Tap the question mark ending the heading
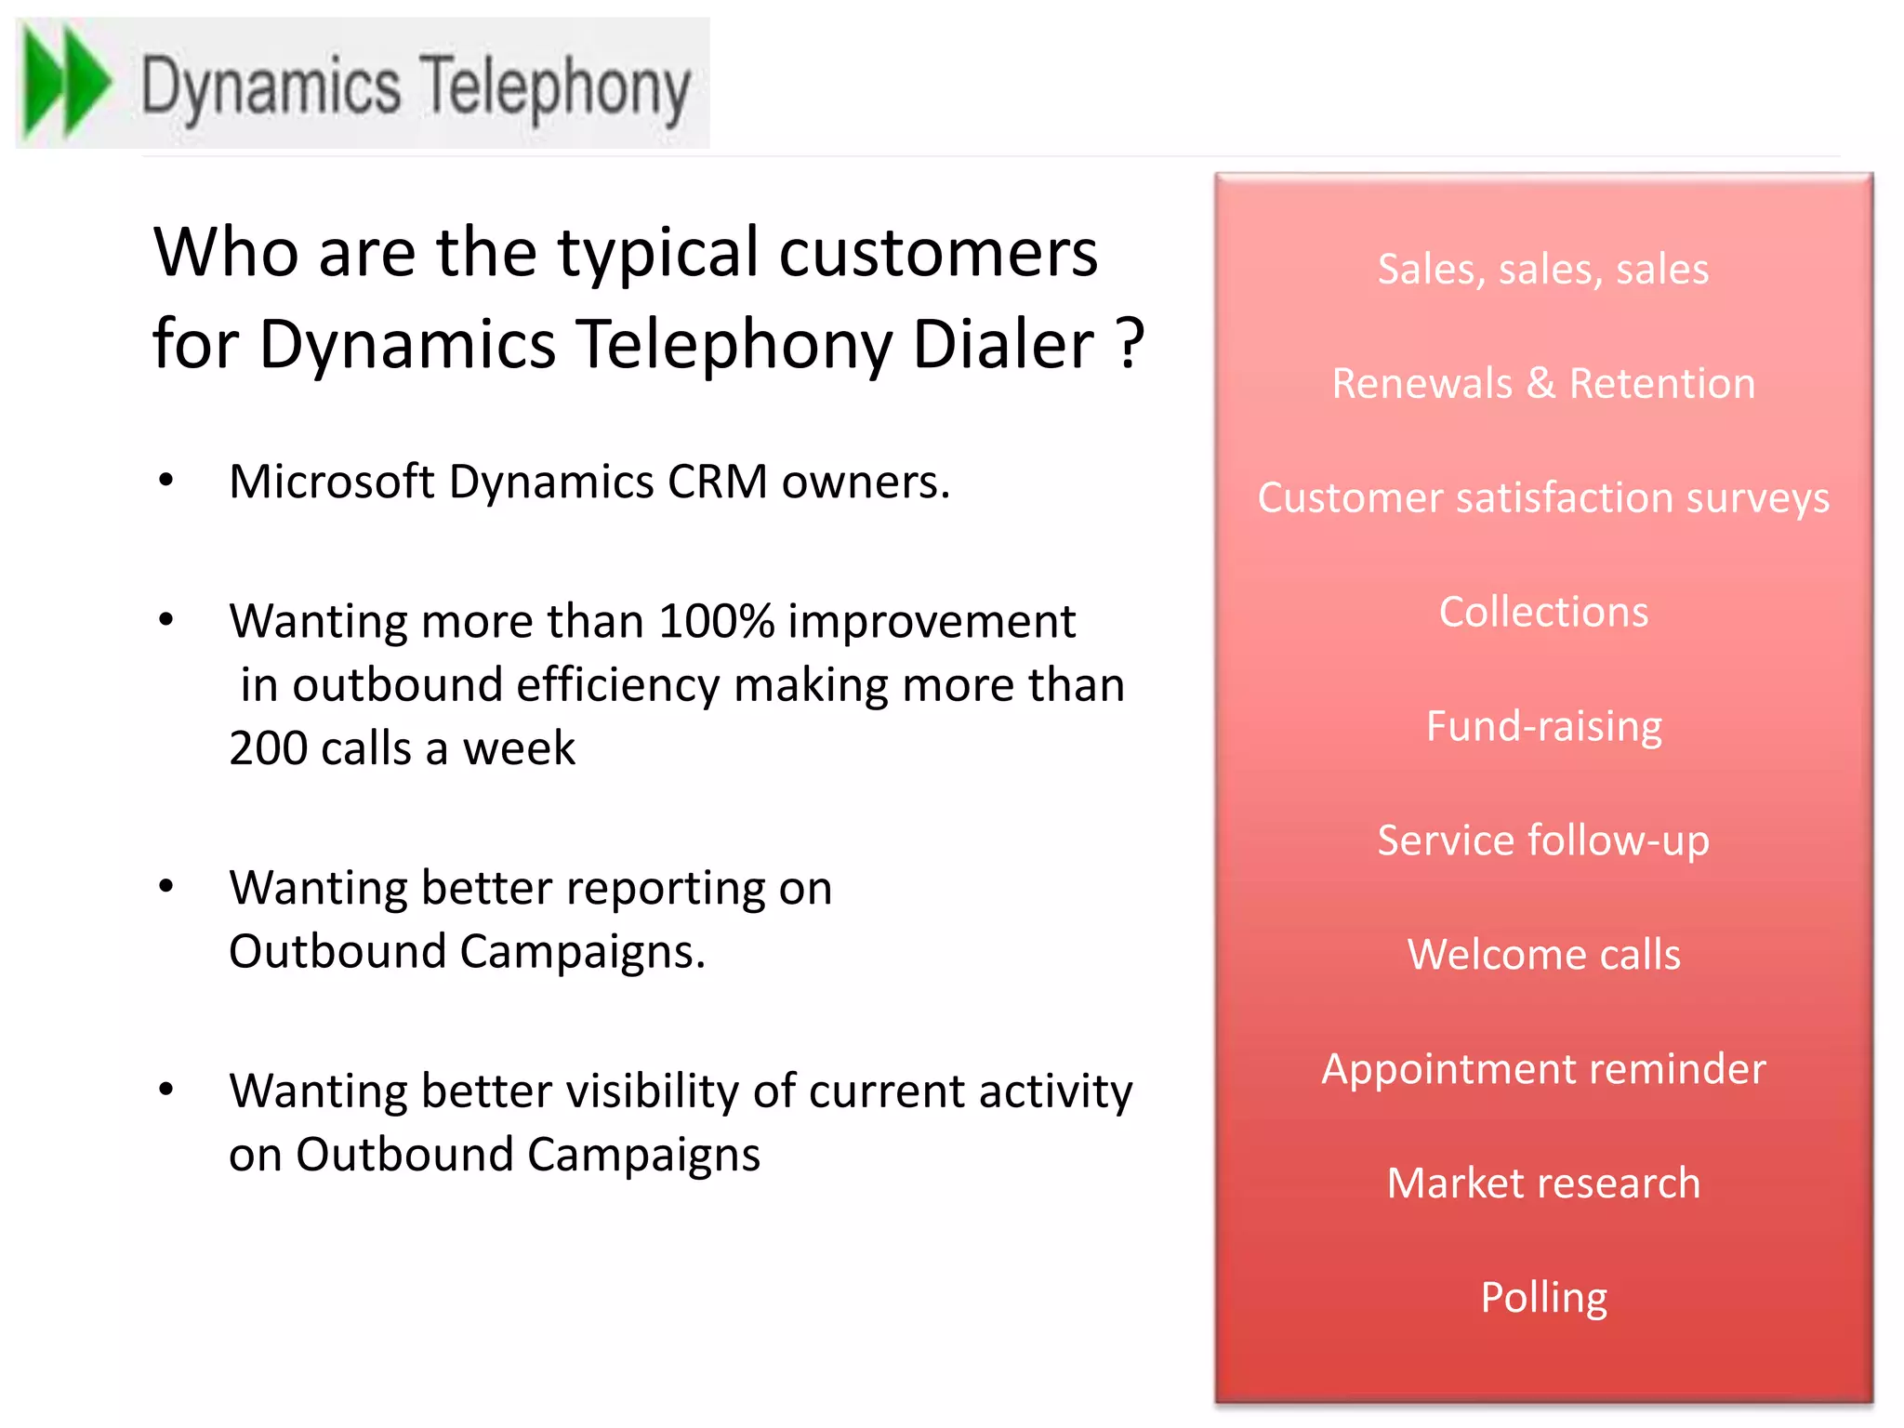(1130, 344)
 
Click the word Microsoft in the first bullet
(331, 483)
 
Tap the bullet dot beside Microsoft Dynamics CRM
(166, 481)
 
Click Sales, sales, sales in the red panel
(1543, 270)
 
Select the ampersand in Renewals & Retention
(1540, 384)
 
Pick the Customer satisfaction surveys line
(1543, 498)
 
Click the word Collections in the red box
(1543, 613)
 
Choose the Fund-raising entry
(1543, 727)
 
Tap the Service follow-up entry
(1543, 841)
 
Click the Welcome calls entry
(1543, 955)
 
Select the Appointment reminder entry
(1543, 1069)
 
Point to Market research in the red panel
(1543, 1183)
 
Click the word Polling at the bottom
(1543, 1298)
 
